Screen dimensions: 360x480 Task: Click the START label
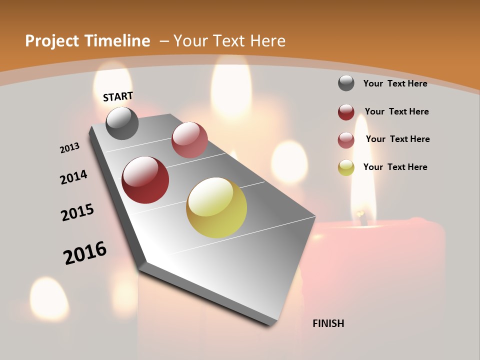118,96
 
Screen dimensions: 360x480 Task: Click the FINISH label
328,323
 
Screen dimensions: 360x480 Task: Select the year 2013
70,148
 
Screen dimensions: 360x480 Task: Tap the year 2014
74,177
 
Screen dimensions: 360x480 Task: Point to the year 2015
77,212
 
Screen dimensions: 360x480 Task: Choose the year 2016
85,253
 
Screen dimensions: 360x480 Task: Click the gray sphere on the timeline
122,123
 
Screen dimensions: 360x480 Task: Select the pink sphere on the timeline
189,139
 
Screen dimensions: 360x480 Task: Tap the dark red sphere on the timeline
145,180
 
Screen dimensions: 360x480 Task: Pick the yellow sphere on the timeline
216,207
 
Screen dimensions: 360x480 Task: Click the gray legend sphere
346,83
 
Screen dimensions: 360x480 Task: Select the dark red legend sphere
346,112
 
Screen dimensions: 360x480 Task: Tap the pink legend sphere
346,140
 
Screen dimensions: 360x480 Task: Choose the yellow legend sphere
346,167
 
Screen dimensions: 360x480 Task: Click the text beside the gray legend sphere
395,83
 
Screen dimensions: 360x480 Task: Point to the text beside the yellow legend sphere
395,167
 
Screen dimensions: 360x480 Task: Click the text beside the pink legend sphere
397,139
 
